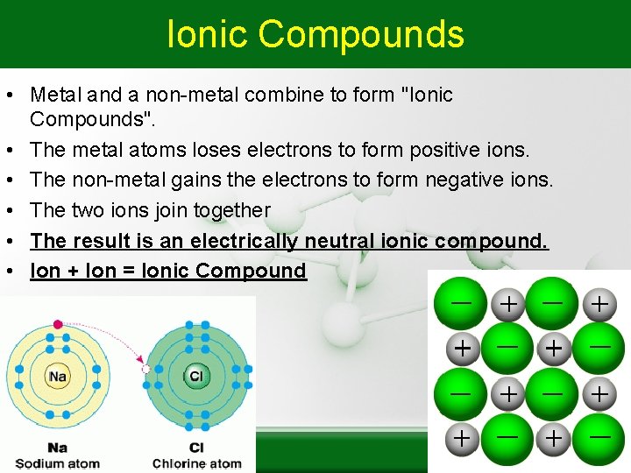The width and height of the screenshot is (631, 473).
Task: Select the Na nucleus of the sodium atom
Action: [x=58, y=376]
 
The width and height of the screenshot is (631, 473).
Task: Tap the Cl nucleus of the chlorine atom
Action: [x=195, y=376]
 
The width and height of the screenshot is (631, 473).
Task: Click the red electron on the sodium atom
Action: [x=58, y=325]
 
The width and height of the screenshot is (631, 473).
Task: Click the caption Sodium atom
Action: [x=57, y=463]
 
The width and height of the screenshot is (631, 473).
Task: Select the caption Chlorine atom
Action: [x=196, y=463]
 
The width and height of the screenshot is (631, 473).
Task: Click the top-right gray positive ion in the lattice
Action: [x=599, y=304]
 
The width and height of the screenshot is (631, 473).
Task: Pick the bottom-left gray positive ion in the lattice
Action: [x=461, y=437]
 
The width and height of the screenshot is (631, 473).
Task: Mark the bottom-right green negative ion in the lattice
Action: [x=599, y=435]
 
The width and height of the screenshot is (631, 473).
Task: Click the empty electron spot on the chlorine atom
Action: [x=145, y=370]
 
